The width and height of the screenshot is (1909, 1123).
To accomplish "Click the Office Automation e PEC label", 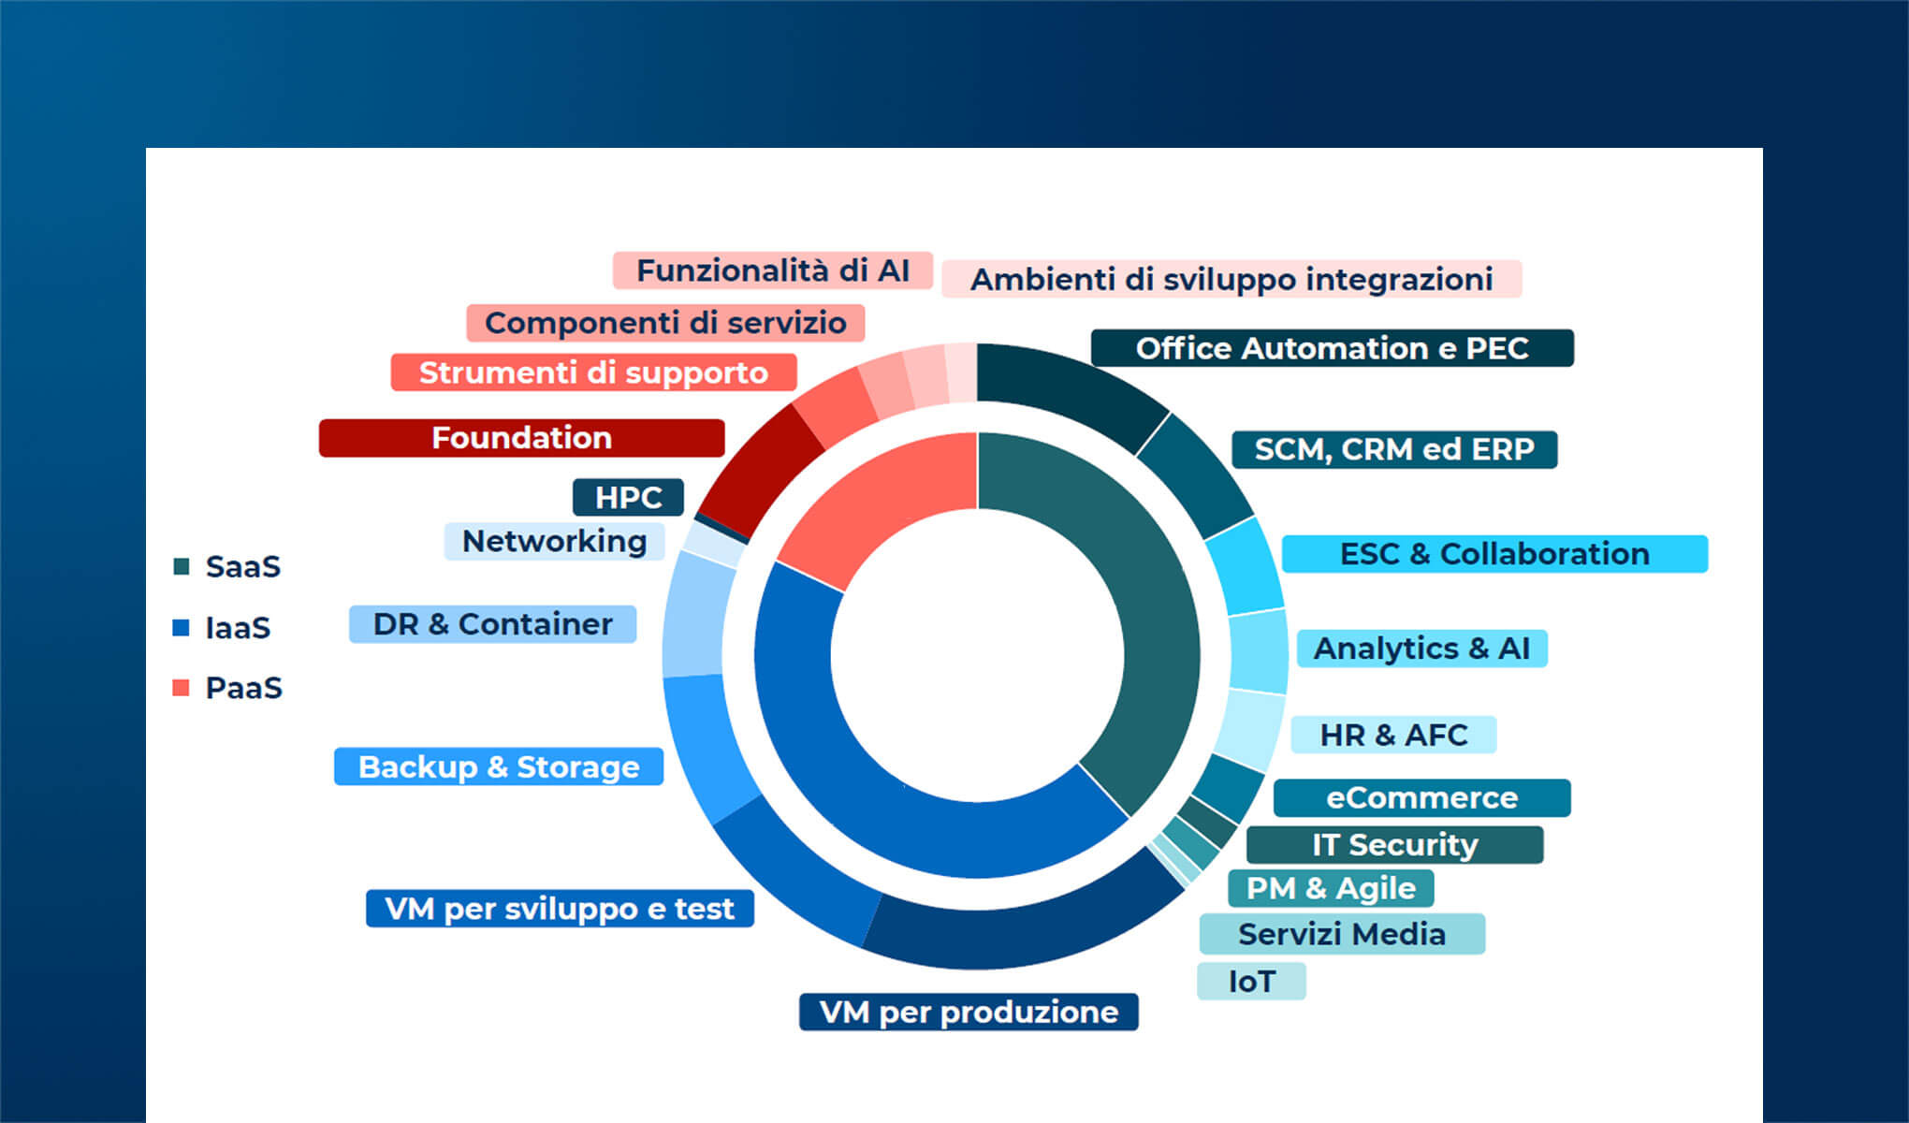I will pos(1332,348).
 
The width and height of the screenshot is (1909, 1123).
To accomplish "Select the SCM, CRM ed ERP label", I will pos(1393,449).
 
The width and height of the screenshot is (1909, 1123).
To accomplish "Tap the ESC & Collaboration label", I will pos(1494,554).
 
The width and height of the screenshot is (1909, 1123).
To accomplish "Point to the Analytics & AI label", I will pos(1421,649).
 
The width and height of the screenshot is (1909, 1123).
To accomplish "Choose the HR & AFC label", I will pos(1392,735).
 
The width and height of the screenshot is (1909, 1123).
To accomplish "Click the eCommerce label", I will pos(1421,797).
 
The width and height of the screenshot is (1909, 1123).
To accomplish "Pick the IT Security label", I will pos(1393,844).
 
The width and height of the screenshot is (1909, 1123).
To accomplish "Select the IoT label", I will pos(1250,981).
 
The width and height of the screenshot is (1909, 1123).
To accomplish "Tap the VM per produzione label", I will pos(968,1012).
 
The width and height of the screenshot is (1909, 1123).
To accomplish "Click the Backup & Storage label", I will pos(498,766).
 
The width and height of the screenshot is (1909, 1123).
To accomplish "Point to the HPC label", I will pos(628,497).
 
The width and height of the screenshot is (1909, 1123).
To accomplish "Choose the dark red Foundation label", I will pos(521,438).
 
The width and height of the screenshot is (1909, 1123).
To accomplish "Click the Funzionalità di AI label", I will pos(772,270).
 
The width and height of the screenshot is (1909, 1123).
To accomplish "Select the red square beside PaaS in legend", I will pos(182,688).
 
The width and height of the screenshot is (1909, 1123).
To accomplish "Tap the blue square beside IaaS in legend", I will pos(182,627).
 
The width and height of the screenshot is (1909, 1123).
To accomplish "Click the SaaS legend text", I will pos(242,566).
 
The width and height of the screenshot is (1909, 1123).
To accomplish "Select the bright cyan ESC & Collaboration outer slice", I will pos(1245,566).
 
